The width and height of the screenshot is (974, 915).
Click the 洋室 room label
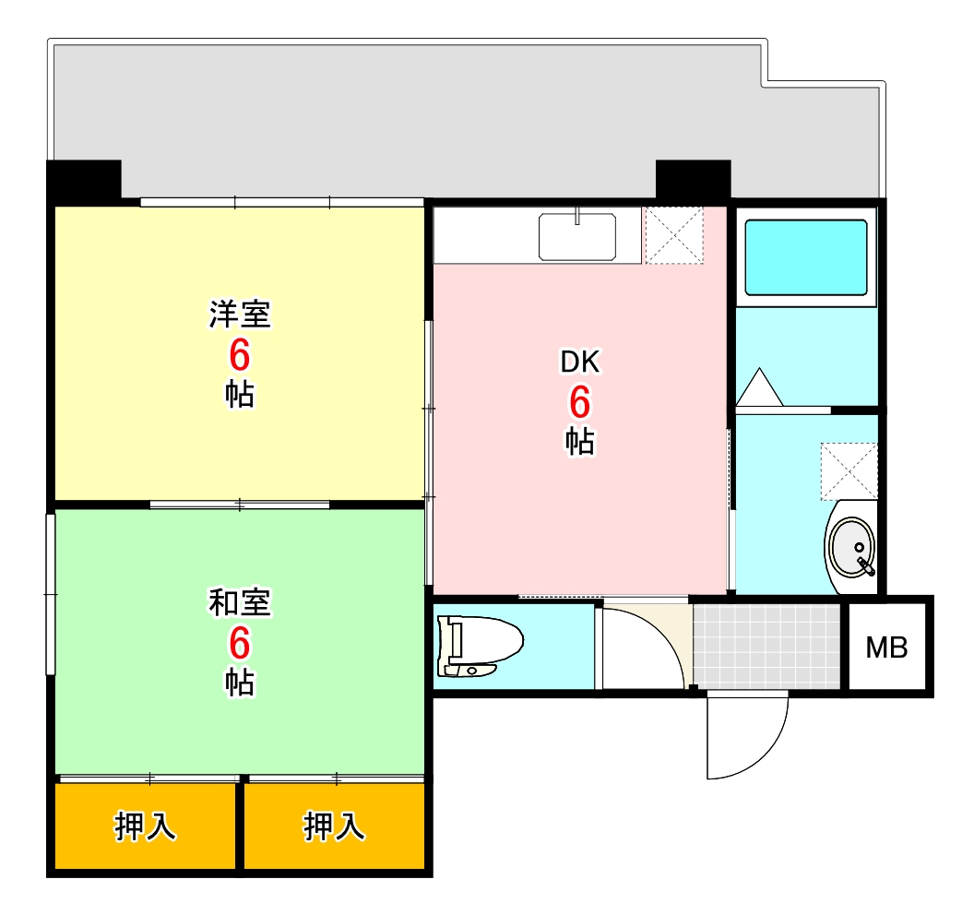click(x=240, y=315)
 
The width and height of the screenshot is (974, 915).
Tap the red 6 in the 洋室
click(x=240, y=355)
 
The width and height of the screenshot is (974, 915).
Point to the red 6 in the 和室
click(x=240, y=643)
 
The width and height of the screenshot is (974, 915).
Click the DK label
click(x=580, y=362)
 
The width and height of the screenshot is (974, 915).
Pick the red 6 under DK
click(x=579, y=402)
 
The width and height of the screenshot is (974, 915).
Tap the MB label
click(x=887, y=648)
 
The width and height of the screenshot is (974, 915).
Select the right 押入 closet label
click(x=335, y=827)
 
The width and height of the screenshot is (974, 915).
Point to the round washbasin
click(x=851, y=548)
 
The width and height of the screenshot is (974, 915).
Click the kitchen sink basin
click(x=577, y=236)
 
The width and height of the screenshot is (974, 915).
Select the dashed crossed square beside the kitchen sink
click(x=672, y=234)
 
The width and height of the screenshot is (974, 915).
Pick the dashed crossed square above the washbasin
click(x=849, y=470)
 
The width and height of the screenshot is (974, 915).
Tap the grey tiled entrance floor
click(x=767, y=646)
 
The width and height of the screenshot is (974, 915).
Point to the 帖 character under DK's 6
click(x=579, y=442)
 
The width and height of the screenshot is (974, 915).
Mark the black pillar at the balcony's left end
click(x=84, y=181)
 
